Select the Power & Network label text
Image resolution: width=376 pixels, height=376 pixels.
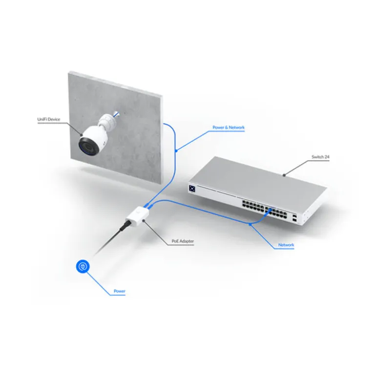[x=228, y=127]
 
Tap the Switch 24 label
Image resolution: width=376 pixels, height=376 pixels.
[x=320, y=157]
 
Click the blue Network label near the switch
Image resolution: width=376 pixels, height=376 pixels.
[x=286, y=244]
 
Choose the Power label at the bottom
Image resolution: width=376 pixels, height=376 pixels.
[x=119, y=292]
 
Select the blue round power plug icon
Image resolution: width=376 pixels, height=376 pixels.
[x=83, y=267]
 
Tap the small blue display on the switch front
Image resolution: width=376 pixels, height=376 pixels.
[x=192, y=188]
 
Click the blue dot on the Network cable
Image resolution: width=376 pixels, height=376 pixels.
[x=250, y=224]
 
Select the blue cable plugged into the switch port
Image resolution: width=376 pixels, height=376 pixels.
[x=268, y=210]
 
